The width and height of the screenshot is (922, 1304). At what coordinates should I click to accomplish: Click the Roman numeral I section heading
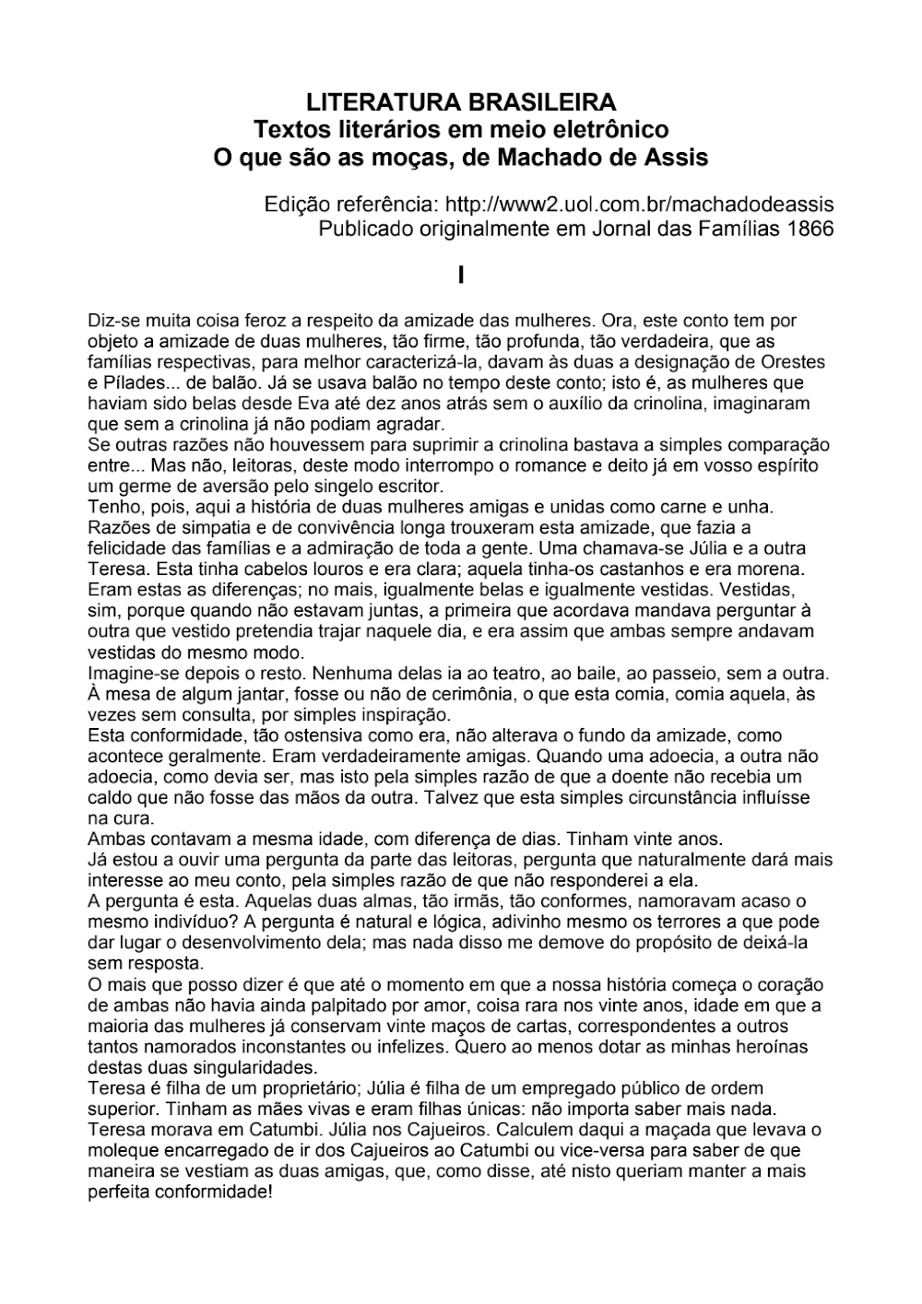(x=460, y=274)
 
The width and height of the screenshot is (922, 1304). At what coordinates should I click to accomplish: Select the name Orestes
(x=794, y=362)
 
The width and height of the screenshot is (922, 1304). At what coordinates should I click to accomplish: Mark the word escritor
(x=411, y=486)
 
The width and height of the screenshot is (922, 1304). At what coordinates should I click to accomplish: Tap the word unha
(x=752, y=507)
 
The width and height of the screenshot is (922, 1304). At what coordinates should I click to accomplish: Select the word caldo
(x=109, y=797)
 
